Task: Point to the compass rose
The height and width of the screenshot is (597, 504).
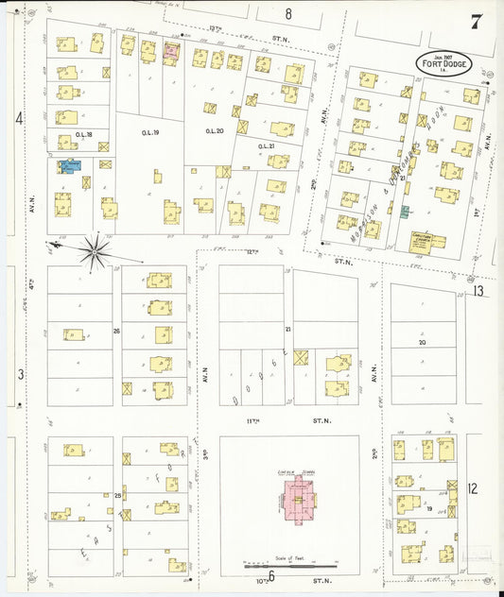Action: tap(95, 250)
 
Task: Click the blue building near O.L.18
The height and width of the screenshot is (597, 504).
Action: tap(69, 166)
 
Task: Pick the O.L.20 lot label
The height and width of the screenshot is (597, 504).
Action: tap(216, 131)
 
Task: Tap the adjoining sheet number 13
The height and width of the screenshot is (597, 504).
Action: tap(479, 291)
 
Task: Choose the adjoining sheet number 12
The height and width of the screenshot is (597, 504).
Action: tap(473, 488)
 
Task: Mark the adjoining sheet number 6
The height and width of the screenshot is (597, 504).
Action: tap(270, 575)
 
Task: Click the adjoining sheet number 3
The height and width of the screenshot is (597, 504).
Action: tap(19, 374)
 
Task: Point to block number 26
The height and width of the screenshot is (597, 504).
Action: tap(117, 331)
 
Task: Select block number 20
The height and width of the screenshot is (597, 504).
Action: tap(422, 343)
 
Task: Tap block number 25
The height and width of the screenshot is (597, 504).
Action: tap(118, 495)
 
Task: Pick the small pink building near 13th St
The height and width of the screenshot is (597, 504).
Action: tap(171, 51)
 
